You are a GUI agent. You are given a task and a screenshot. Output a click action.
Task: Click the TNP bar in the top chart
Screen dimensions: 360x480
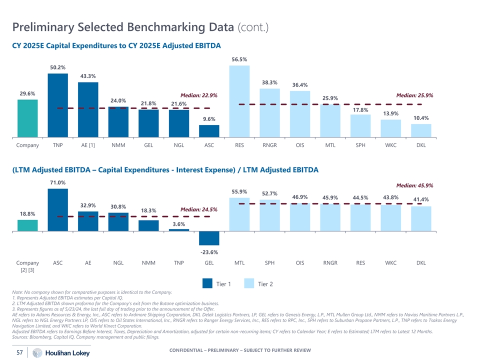tap(57, 105)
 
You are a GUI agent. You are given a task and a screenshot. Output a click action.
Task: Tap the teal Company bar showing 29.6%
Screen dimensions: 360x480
tap(27, 118)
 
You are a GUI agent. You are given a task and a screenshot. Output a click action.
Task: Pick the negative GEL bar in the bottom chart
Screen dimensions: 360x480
tap(209, 238)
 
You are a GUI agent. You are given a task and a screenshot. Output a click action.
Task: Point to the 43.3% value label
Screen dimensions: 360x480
tap(88, 76)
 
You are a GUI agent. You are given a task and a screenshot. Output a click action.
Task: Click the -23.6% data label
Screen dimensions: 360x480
tap(209, 252)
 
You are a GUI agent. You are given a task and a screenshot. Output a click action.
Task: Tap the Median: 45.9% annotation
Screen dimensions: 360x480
tap(414, 185)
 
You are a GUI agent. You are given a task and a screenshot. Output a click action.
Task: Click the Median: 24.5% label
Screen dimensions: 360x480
tap(199, 209)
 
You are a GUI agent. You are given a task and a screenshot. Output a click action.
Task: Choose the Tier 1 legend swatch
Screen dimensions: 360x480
tap(207, 284)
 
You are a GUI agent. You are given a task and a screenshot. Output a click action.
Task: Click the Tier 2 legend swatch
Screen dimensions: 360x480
tap(249, 284)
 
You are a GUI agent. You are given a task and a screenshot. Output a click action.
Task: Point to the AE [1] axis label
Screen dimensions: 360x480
tap(88, 145)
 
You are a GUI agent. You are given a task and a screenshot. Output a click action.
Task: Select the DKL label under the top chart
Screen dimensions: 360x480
tap(421, 145)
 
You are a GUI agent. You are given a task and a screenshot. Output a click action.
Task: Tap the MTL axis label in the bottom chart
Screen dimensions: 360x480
tap(239, 263)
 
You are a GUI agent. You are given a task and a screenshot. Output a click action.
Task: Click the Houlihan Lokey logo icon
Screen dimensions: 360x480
tap(37, 353)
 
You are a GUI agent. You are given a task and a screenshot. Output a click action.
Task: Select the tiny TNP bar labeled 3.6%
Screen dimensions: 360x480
tap(179, 230)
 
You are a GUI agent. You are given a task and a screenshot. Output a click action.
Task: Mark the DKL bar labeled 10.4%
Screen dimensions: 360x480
tap(421, 130)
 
